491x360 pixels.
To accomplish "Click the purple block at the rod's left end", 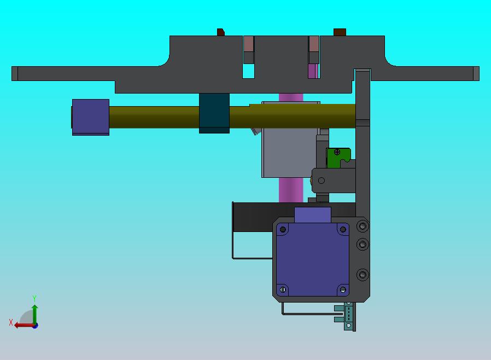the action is click(91, 117).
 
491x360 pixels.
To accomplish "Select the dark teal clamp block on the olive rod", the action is click(214, 113).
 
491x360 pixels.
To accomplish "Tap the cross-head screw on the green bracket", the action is click(337, 152).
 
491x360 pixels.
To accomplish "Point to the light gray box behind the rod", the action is click(290, 154).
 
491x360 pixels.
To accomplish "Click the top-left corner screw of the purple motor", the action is click(283, 230).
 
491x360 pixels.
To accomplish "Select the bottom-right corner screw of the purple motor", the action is click(343, 289).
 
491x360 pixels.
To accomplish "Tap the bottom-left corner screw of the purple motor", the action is click(283, 289).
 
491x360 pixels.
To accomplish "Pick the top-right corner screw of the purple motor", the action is click(343, 230).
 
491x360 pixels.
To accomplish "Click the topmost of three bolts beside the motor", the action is click(363, 226).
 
